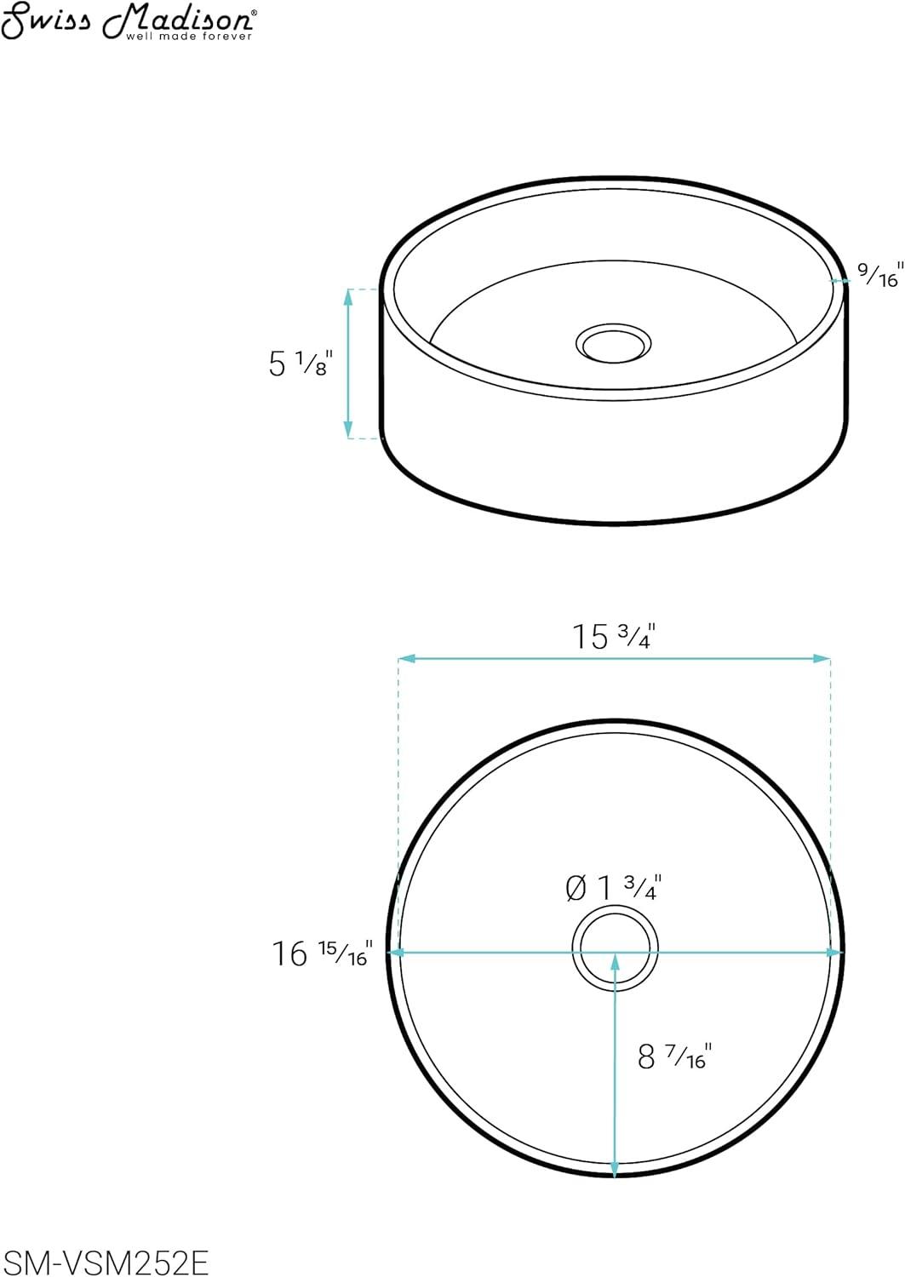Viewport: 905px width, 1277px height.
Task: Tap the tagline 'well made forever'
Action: pyautogui.click(x=189, y=37)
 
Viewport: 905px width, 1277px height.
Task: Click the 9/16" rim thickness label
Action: pyautogui.click(x=878, y=275)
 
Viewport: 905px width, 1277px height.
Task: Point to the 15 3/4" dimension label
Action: pyautogui.click(x=612, y=636)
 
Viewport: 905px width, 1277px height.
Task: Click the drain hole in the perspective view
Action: pyautogui.click(x=613, y=344)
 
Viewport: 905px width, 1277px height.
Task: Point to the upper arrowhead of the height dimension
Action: pyautogui.click(x=347, y=295)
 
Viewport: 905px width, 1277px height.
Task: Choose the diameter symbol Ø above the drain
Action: pyautogui.click(x=576, y=889)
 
